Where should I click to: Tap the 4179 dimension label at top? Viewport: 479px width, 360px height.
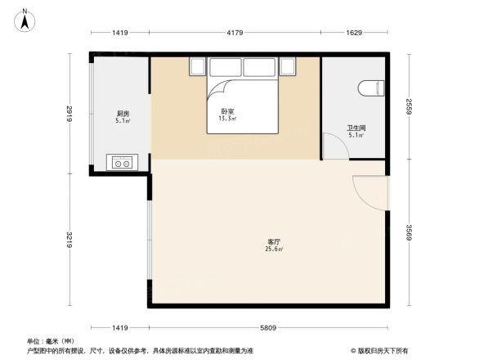pyautogui.click(x=235, y=33)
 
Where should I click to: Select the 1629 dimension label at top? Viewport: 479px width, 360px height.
pyautogui.click(x=354, y=33)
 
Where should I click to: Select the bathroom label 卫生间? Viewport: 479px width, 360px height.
pyautogui.click(x=356, y=128)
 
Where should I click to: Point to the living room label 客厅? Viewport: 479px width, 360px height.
pyautogui.click(x=275, y=242)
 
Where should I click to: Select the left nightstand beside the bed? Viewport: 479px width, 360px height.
pyautogui.click(x=198, y=66)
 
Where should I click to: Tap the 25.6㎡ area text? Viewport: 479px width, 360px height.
pyautogui.click(x=275, y=250)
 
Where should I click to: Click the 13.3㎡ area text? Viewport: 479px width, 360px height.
pyautogui.click(x=227, y=119)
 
